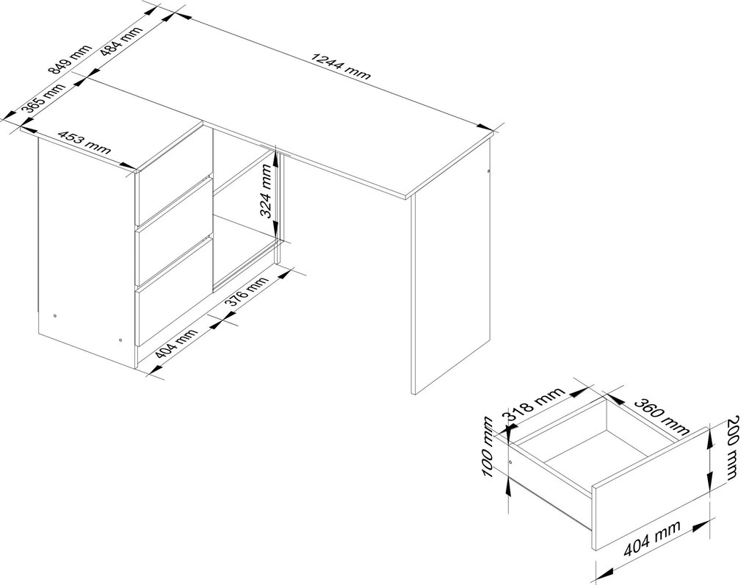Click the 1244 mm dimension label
pyautogui.click(x=341, y=65)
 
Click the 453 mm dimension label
pyautogui.click(x=84, y=141)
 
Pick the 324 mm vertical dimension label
pyautogui.click(x=269, y=190)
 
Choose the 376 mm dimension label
pyautogui.click(x=245, y=292)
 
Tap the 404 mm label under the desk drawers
pyautogui.click(x=176, y=344)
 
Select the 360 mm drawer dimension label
pyautogui.click(x=662, y=416)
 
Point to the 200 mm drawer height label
pyautogui.click(x=734, y=448)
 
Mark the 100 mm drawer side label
pyautogui.click(x=488, y=447)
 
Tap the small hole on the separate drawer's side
pyautogui.click(x=510, y=462)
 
